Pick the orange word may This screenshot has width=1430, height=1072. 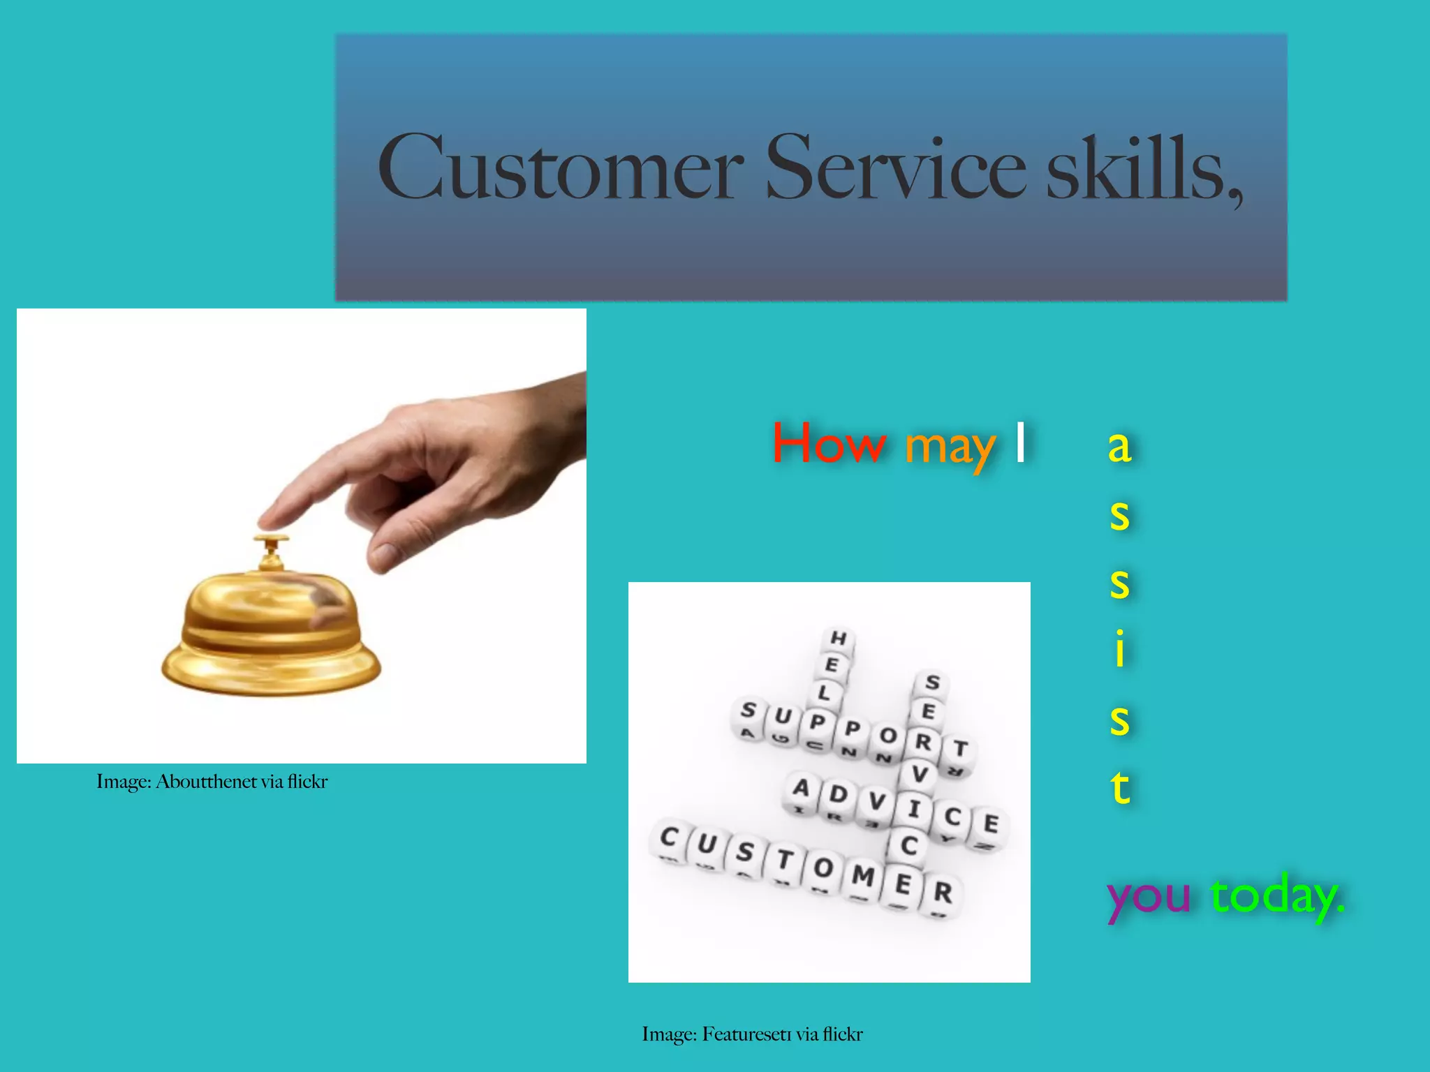[950, 447]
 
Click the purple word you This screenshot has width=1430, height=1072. [1149, 896]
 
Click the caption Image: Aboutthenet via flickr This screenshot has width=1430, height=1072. [212, 782]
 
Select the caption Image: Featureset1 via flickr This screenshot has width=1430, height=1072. [752, 1034]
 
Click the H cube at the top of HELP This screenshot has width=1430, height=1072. [838, 637]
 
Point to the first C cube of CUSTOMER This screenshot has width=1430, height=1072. [669, 836]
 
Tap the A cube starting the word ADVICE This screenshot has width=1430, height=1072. [800, 789]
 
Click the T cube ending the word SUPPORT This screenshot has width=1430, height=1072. [960, 749]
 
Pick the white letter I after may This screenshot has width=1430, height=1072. [1020, 442]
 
